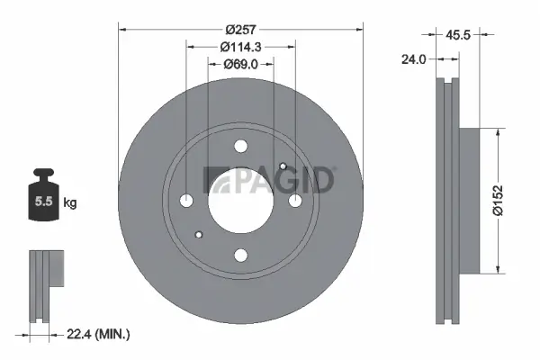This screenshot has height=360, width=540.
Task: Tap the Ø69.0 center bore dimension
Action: pos(240,65)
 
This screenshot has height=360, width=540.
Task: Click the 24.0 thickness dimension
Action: pos(416,60)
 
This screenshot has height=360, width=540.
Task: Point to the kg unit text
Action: pos(70,203)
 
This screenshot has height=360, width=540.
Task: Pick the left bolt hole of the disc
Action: pos(186,201)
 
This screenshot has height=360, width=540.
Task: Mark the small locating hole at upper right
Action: pos(283,166)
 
